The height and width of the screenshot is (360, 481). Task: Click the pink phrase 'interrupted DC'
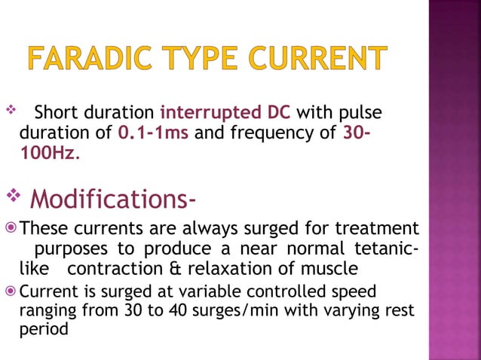pos(226,114)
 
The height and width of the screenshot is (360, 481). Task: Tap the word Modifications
pos(114,200)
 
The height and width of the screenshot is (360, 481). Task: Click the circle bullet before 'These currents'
pos(10,228)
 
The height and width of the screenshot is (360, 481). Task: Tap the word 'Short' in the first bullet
pos(60,114)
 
